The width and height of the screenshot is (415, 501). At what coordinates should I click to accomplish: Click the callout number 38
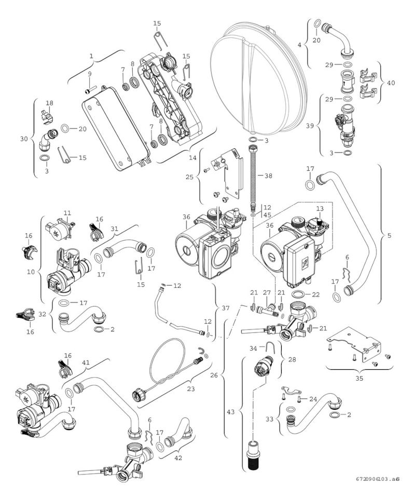[x=268, y=176]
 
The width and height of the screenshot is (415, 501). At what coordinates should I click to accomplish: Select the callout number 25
[x=189, y=177]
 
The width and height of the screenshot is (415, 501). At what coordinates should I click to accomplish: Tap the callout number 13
[x=320, y=208]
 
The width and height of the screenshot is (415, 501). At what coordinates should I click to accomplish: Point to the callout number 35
[x=359, y=378]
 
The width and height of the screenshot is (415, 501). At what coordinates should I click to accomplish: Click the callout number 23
[x=191, y=389]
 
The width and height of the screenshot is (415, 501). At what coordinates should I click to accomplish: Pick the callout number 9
[x=90, y=74]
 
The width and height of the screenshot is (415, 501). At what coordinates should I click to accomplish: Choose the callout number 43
[x=231, y=412]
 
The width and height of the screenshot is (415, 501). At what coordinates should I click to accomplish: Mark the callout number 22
[x=315, y=295]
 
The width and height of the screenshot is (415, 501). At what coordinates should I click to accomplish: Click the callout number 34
[x=253, y=349]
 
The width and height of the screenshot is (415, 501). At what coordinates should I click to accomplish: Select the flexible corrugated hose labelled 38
[x=252, y=179]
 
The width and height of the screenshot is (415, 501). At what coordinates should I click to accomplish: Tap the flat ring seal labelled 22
[x=299, y=294]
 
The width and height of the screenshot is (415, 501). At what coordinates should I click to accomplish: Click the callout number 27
[x=267, y=293]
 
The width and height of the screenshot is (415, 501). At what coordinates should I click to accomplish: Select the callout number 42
[x=178, y=458]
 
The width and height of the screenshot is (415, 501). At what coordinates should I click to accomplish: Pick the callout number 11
[x=67, y=213]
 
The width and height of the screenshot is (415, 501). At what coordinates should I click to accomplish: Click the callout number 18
[x=49, y=103]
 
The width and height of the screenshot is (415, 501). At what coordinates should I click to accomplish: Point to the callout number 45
[x=267, y=215]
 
